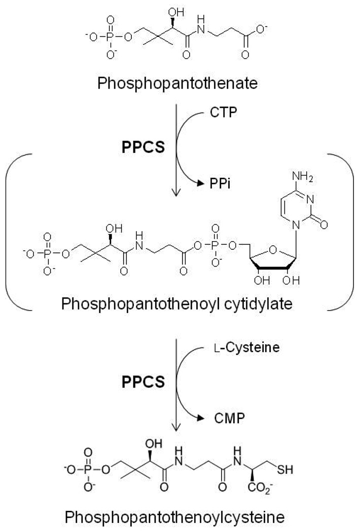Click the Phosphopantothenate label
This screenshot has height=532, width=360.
click(179, 83)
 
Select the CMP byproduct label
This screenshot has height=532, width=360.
click(222, 419)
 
